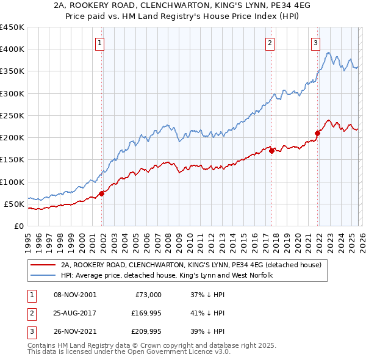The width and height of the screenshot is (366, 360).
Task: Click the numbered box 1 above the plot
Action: [99, 43]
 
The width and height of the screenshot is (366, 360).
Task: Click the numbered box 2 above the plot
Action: [270, 43]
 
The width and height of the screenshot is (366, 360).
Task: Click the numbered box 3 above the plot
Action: [315, 43]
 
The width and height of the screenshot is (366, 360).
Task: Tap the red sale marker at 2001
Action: [102, 193]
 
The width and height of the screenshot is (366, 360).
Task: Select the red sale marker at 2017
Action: [271, 151]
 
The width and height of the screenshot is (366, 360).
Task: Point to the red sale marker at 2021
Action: [318, 133]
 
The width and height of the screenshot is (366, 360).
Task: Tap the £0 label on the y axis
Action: [18, 226]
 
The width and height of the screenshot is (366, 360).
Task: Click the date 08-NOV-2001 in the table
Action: [75, 295]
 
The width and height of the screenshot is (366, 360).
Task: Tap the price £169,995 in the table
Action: [143, 313]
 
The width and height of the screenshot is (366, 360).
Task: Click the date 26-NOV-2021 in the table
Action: [75, 331]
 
